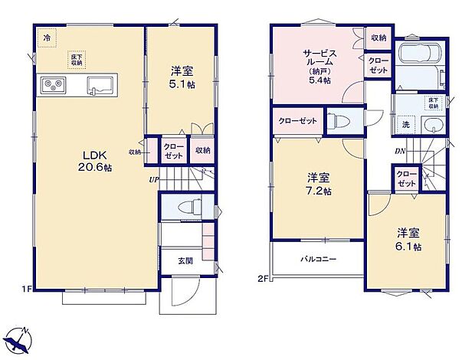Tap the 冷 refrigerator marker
click(47, 37)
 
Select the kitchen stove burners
click(50, 84)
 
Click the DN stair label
click(399, 152)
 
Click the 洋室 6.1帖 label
click(408, 239)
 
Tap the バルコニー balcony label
click(317, 260)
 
